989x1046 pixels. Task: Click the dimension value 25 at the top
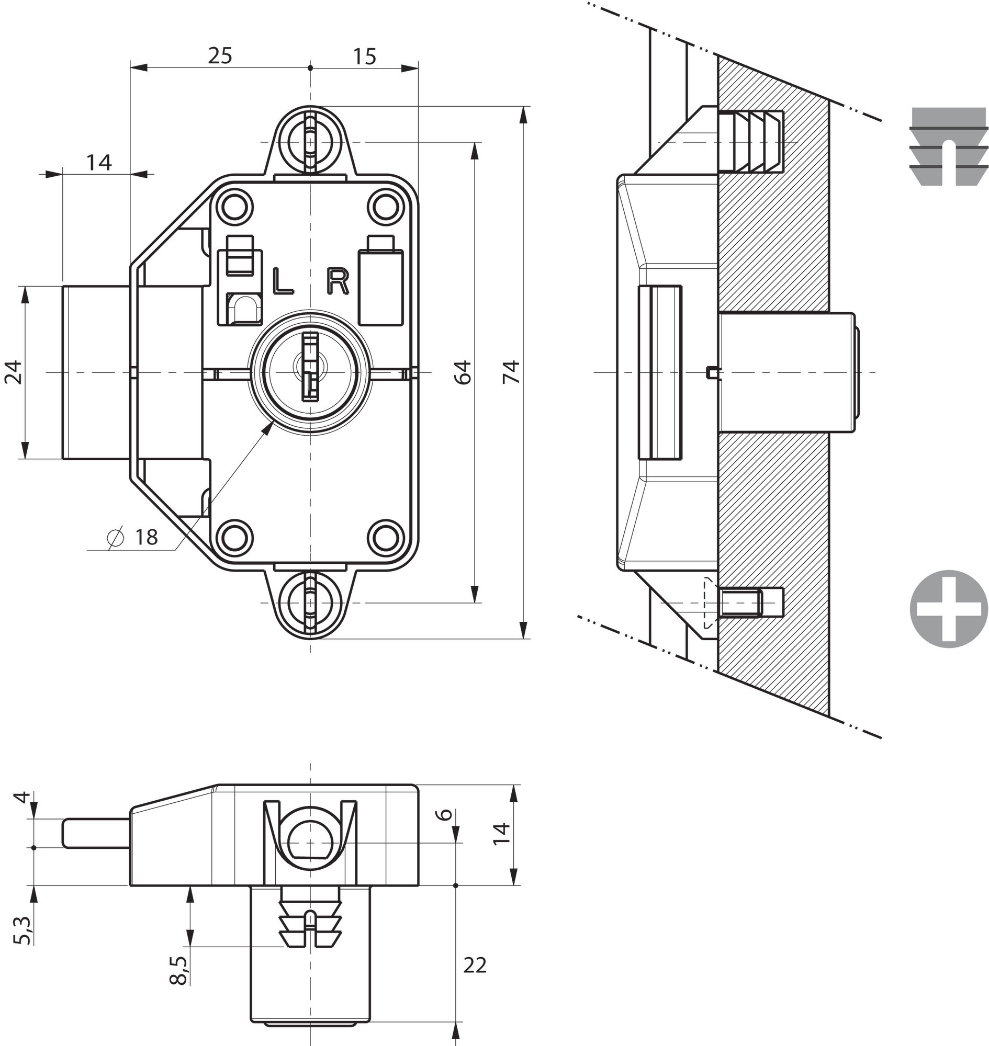coord(220,55)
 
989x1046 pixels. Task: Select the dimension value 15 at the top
coord(364,56)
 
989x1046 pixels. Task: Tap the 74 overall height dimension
coord(510,372)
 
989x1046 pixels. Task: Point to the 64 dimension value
coord(463,372)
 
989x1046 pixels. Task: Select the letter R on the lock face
coord(338,281)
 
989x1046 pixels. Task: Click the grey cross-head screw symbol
coord(949,610)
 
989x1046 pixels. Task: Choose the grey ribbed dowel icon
coord(948,146)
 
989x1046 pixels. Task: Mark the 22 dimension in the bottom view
coord(475,965)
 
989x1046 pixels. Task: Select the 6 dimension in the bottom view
coord(445,814)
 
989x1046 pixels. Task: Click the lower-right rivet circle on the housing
coord(384,538)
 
